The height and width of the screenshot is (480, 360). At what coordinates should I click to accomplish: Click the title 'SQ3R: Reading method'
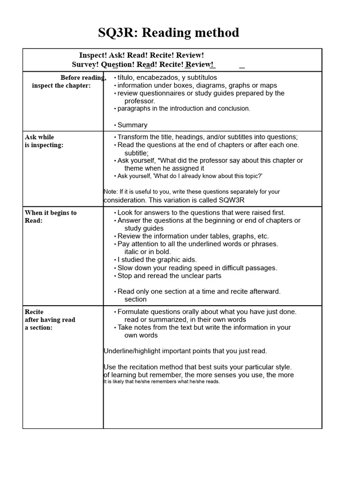tap(168, 33)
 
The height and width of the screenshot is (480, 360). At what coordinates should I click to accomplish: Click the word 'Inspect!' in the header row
tap(93, 55)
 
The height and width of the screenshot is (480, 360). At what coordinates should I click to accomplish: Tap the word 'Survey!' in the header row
tap(86, 64)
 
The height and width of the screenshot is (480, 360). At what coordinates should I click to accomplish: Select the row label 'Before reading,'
tap(83, 77)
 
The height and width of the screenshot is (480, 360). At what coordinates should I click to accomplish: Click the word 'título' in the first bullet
tap(126, 77)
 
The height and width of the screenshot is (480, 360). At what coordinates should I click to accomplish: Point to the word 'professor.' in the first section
tap(140, 101)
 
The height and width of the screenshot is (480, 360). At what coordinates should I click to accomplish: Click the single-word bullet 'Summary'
tap(132, 125)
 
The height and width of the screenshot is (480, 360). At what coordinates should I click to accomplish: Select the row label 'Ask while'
tap(39, 137)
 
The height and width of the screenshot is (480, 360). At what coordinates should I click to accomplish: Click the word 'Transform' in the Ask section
tap(134, 137)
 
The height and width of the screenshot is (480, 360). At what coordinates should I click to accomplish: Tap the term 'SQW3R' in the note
tap(231, 200)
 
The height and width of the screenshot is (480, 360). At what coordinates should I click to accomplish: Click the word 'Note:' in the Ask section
tap(111, 192)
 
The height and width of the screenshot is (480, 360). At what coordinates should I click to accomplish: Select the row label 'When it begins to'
tap(51, 213)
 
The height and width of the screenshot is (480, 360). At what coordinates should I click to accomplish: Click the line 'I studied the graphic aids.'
tap(157, 260)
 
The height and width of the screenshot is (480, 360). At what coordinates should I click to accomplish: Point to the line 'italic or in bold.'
tap(148, 252)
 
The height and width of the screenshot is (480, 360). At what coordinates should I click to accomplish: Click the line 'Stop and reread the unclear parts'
tap(169, 276)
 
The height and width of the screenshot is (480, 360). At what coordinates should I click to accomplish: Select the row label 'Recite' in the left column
tap(34, 312)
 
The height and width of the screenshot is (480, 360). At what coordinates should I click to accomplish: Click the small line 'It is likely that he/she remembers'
tap(161, 382)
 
